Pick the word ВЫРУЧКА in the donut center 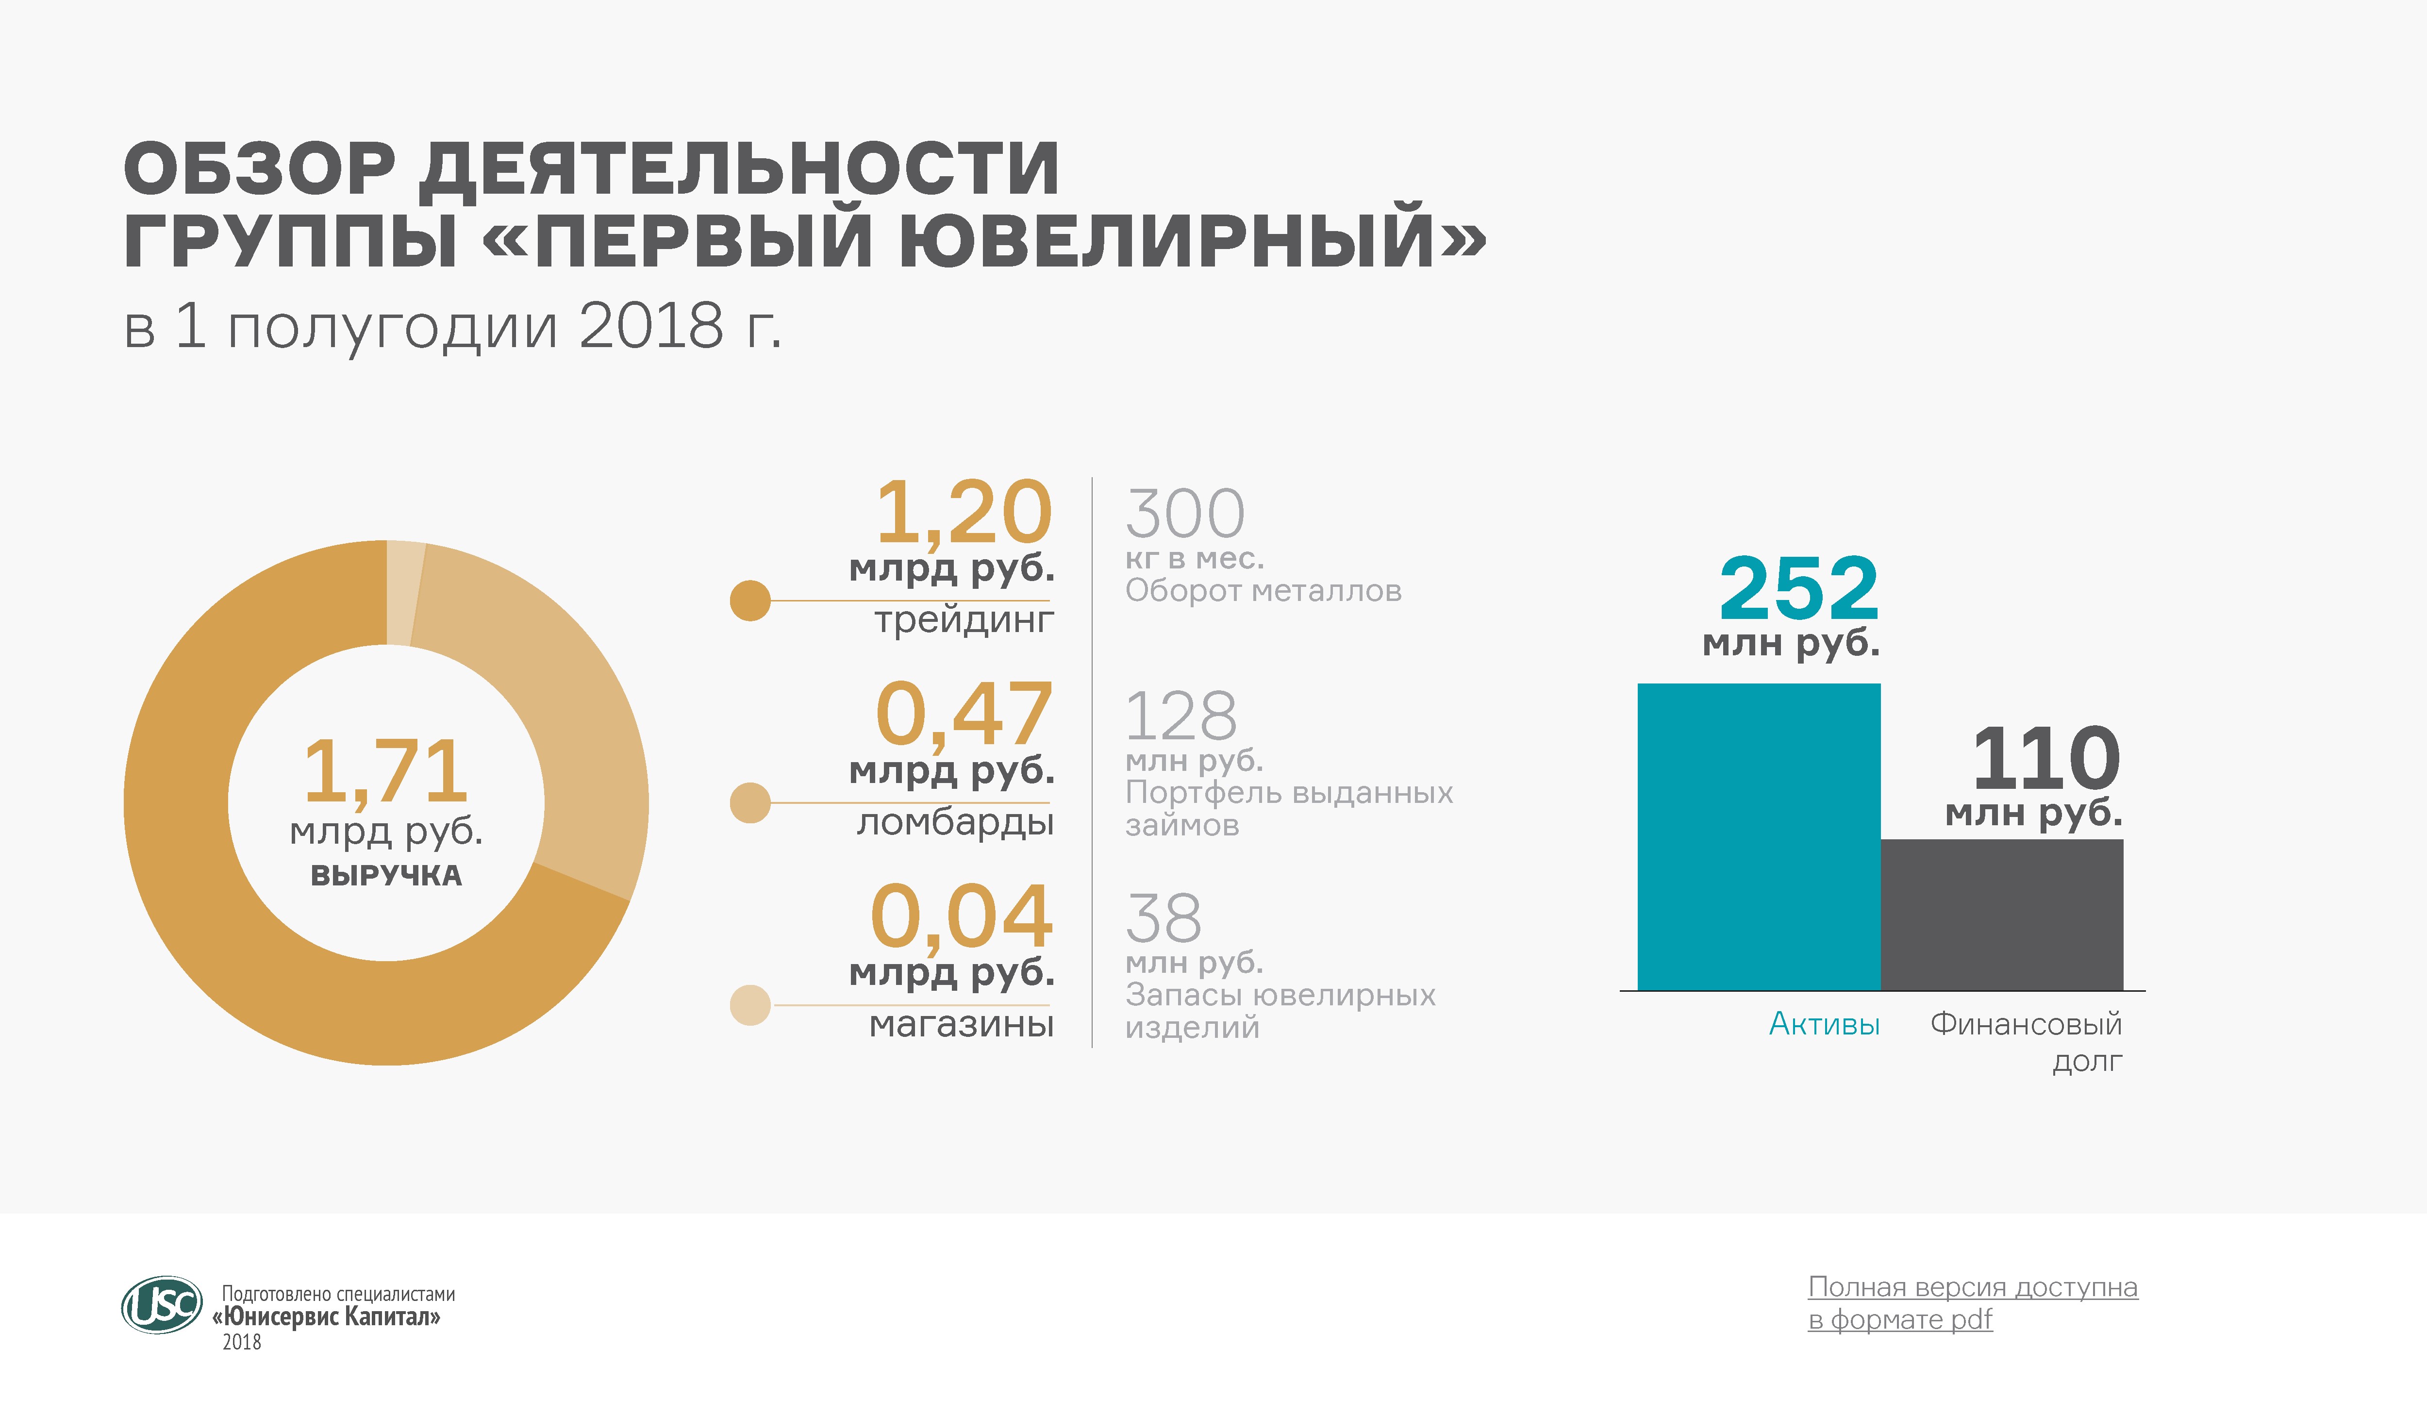coord(386,876)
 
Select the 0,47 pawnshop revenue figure coord(963,715)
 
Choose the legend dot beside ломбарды coord(750,802)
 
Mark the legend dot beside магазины coord(750,1005)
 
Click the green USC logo coord(162,1305)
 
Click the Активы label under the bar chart coord(1824,1024)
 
